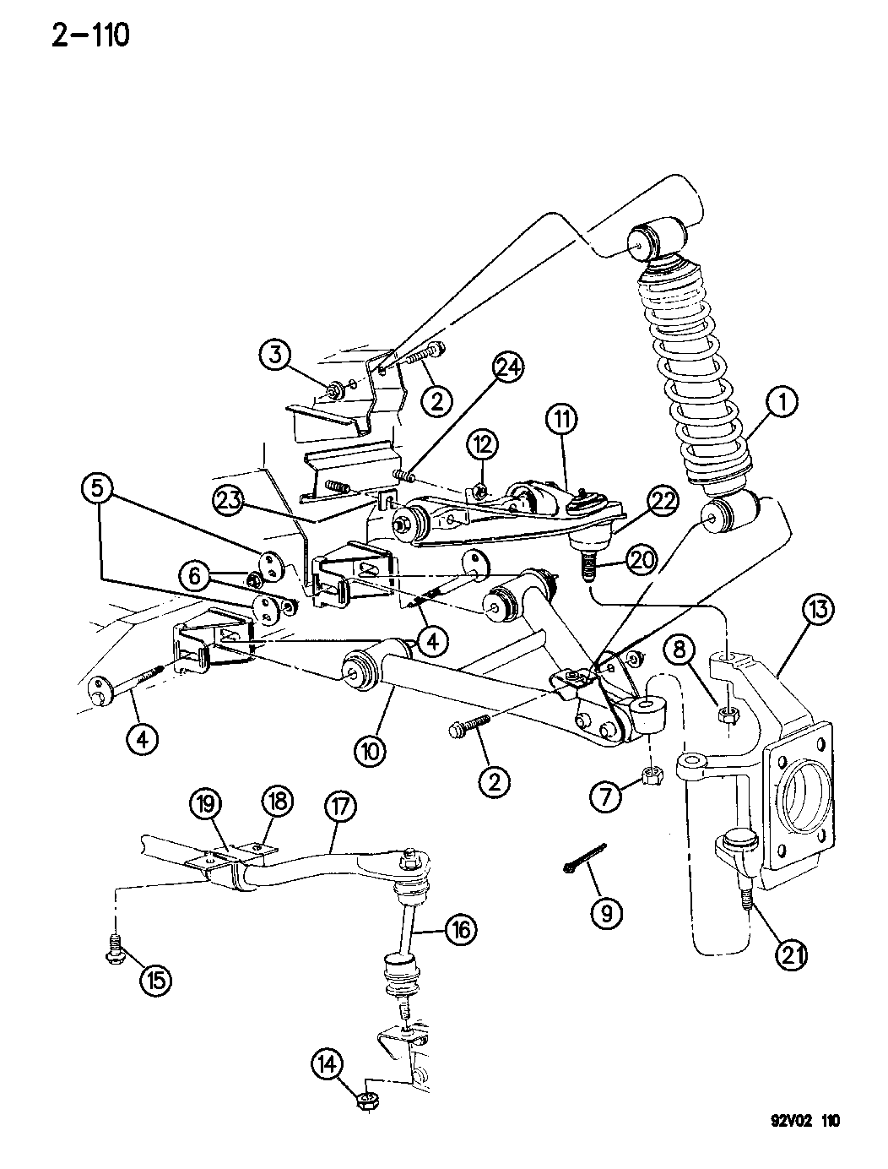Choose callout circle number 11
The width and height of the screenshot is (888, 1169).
562,418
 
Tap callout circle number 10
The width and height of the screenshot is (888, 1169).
373,748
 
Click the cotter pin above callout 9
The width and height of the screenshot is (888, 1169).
581,869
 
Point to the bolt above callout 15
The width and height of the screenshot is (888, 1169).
115,947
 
